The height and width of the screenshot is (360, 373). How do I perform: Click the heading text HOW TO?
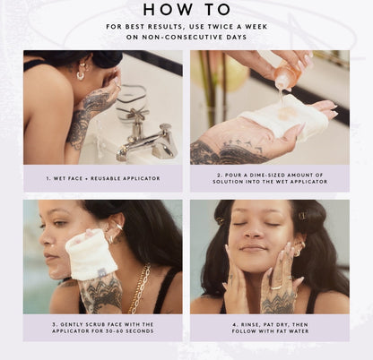coord(186,10)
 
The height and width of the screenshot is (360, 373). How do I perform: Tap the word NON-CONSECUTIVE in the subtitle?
coord(184,38)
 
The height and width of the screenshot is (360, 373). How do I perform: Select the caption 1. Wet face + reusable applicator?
coord(103,178)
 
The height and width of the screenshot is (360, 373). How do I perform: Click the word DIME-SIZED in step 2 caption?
coord(258,175)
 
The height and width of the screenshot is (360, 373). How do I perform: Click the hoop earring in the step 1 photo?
coord(81,75)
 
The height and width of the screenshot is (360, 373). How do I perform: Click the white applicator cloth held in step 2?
coord(280,117)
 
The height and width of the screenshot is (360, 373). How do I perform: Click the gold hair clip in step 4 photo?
coord(302,215)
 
